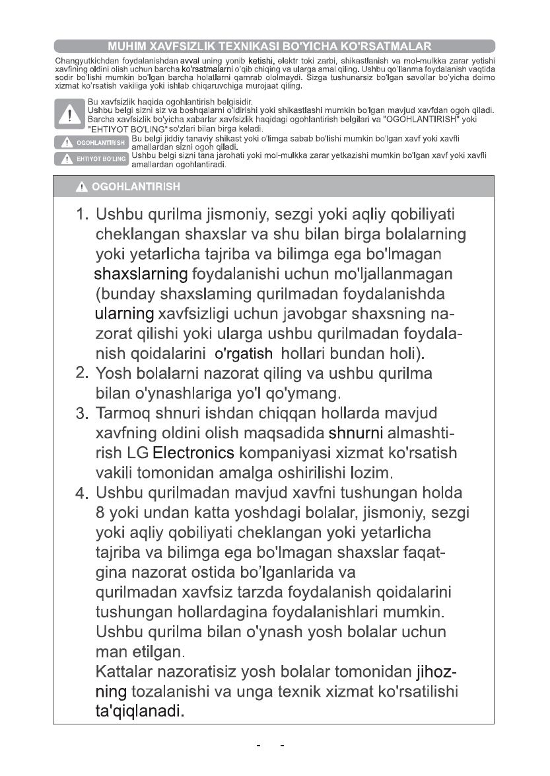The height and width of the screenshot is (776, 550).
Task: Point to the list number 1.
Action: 82,215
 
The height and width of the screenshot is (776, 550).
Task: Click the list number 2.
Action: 82,373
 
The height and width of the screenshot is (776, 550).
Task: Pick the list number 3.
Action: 82,414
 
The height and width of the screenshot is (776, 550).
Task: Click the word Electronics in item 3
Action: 193,454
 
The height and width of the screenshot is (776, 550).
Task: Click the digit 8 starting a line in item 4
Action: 101,512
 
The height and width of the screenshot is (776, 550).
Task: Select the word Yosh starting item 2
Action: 114,373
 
